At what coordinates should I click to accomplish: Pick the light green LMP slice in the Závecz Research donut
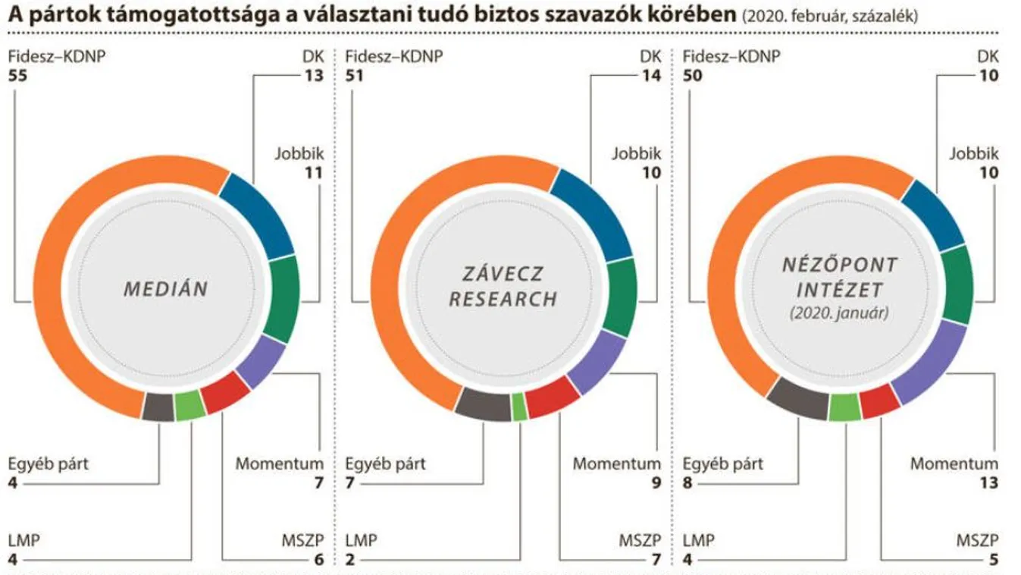(x=520, y=407)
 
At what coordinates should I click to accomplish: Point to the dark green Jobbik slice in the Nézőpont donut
(x=957, y=285)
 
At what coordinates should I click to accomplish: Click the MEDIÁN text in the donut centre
(x=166, y=289)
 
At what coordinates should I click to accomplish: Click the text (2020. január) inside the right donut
(x=840, y=312)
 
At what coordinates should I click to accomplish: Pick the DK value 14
(x=652, y=76)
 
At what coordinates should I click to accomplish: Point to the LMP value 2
(x=350, y=561)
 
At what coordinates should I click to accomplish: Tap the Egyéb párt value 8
(x=688, y=483)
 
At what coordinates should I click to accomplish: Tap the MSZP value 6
(x=318, y=561)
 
